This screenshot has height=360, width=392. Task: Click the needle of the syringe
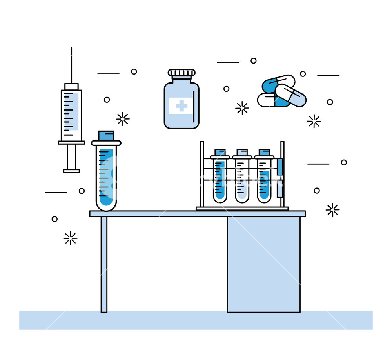coord(71,65)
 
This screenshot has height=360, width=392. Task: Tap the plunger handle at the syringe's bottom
coord(71,171)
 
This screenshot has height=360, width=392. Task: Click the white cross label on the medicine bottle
coord(181,105)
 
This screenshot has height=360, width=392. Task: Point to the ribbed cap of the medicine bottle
coord(181,73)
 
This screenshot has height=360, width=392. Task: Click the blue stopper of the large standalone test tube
coord(106,136)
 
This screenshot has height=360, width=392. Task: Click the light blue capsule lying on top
coord(290,95)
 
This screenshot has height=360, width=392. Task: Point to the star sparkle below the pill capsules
coord(314,122)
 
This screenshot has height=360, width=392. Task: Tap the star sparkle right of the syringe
coord(123,119)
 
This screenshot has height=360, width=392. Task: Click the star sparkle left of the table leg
coord(71,238)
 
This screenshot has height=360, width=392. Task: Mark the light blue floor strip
coord(196,320)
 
